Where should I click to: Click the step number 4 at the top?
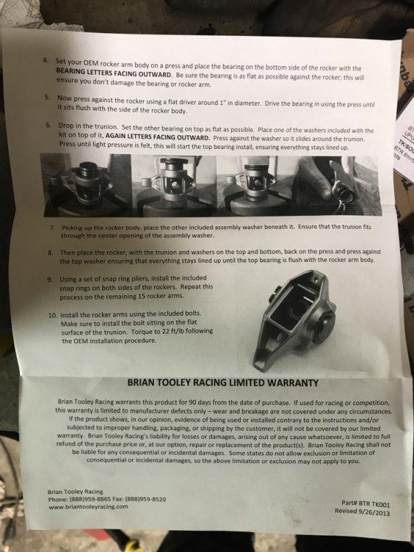click(46, 60)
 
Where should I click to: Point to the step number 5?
click(47, 97)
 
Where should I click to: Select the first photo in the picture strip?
click(86, 185)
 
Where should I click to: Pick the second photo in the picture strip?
click(175, 186)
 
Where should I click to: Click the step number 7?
click(52, 228)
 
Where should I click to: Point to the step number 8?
click(50, 253)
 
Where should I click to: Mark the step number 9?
click(50, 280)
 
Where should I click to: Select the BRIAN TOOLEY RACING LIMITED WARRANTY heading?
click(223, 383)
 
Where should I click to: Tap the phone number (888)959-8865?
click(90, 499)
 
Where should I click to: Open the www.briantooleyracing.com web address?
click(88, 507)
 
